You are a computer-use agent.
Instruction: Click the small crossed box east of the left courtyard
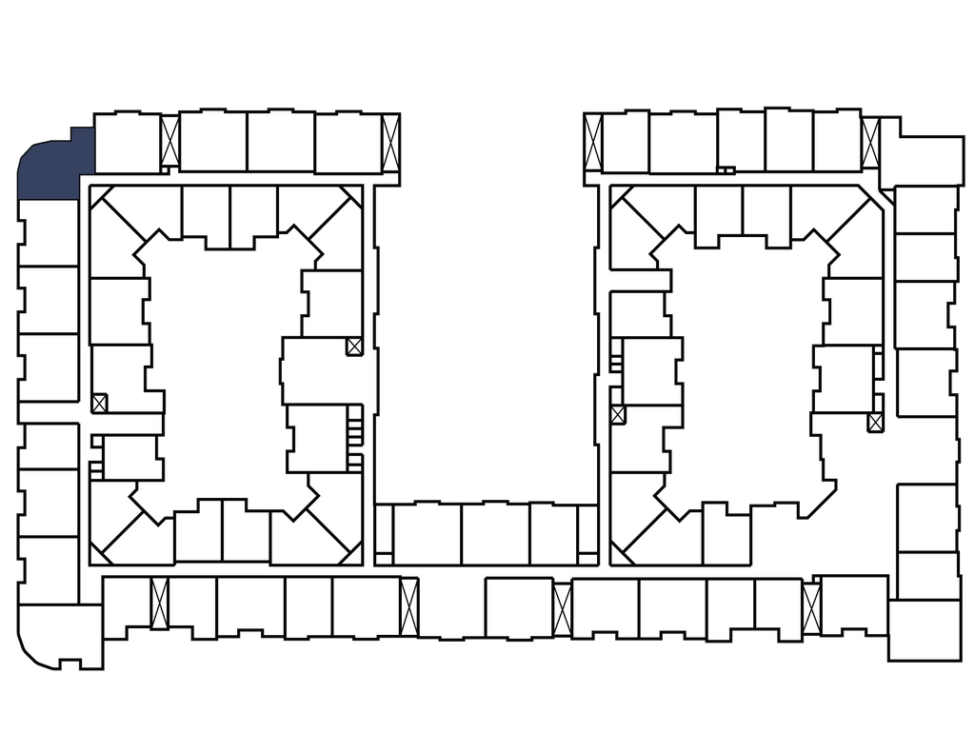tap(354, 347)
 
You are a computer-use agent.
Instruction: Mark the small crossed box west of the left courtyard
tap(100, 403)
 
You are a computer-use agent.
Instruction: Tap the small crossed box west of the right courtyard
tap(618, 415)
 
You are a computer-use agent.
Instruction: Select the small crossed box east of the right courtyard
tap(876, 422)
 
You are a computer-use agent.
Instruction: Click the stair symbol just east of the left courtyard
tap(355, 425)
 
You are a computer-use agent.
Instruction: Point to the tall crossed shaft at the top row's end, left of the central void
tap(391, 143)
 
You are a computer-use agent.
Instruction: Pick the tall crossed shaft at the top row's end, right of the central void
tap(593, 144)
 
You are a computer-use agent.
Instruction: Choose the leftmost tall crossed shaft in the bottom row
tap(159, 603)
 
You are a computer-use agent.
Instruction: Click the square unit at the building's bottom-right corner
tap(925, 628)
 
